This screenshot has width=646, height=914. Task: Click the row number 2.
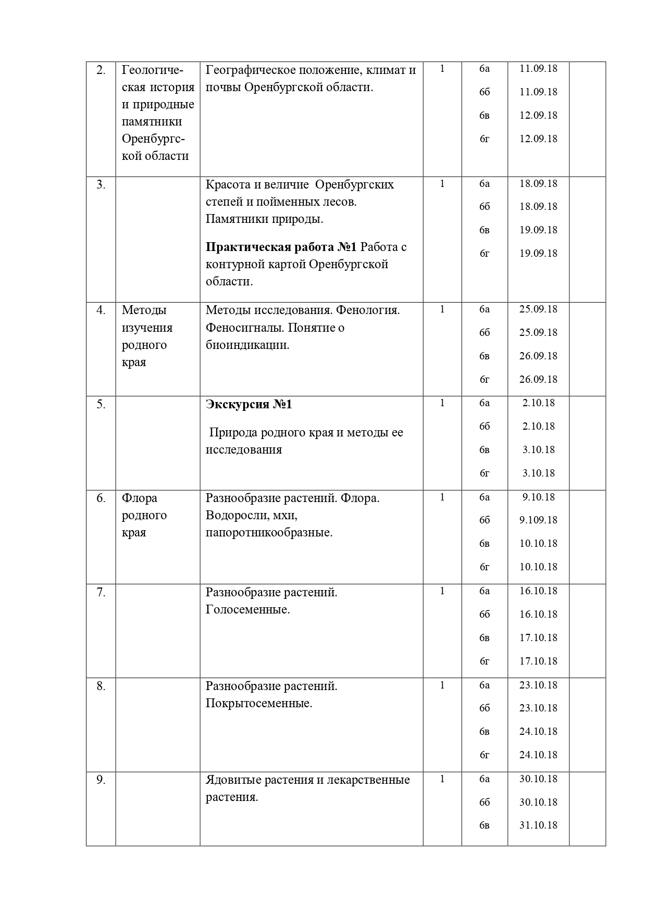tap(101, 70)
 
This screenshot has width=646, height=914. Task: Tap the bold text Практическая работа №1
tap(281, 247)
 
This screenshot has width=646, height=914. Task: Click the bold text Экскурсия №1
tap(249, 404)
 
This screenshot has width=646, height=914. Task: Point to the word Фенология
tap(368, 310)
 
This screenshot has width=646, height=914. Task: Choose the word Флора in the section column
tap(140, 498)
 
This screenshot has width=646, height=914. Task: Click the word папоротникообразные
tap(269, 533)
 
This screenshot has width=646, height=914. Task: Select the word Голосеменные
tap(247, 609)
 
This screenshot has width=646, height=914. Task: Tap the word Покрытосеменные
tap(259, 704)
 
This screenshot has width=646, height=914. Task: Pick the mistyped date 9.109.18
tap(538, 520)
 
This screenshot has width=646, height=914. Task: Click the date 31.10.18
tap(538, 825)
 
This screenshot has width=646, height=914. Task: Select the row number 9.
tap(101, 780)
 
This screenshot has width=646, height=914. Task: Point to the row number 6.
tap(101, 498)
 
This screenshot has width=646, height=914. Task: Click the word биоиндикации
tap(247, 345)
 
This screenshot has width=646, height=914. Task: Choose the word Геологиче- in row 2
tap(153, 70)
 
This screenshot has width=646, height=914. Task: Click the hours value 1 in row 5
tap(442, 403)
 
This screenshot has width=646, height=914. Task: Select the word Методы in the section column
tap(144, 310)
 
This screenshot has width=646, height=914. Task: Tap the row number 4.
tap(101, 310)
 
